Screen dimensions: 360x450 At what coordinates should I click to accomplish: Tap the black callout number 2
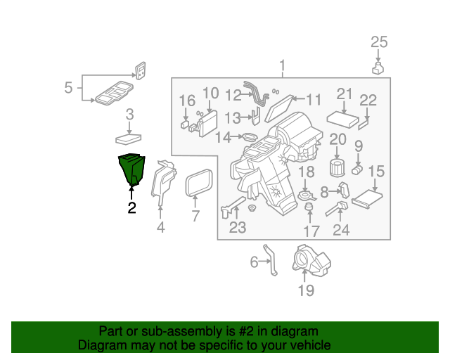tap(131, 207)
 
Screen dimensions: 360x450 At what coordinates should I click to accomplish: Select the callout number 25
tap(379, 42)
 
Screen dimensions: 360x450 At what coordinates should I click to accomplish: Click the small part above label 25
tap(378, 67)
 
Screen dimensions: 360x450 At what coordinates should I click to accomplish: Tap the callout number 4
tap(160, 226)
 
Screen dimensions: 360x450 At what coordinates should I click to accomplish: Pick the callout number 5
tap(68, 88)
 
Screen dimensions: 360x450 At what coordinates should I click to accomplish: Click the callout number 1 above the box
tap(283, 67)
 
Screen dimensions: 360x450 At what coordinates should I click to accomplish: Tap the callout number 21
tap(344, 94)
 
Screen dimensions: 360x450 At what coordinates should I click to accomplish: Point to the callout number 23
tap(238, 227)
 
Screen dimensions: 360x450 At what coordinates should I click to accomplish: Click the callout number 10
tap(210, 93)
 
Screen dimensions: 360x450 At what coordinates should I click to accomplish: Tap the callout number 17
tap(311, 230)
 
